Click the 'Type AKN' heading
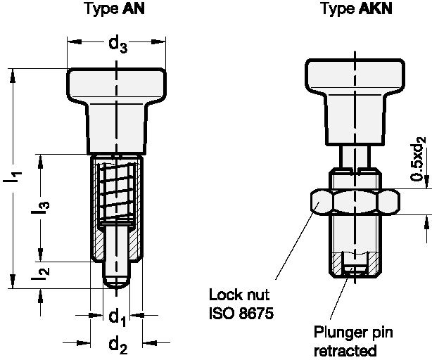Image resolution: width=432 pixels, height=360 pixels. click(355, 9)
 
